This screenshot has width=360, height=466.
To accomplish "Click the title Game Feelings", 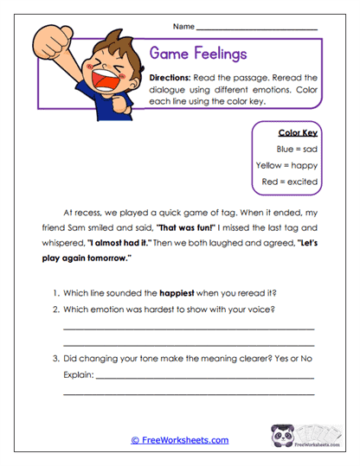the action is (x=198, y=54).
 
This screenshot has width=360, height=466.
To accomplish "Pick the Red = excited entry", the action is (x=290, y=182).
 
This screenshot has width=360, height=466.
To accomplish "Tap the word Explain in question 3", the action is (x=78, y=375).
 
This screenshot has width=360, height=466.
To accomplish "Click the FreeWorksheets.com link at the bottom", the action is (x=179, y=440).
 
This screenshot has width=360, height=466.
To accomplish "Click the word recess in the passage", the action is (x=93, y=212).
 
